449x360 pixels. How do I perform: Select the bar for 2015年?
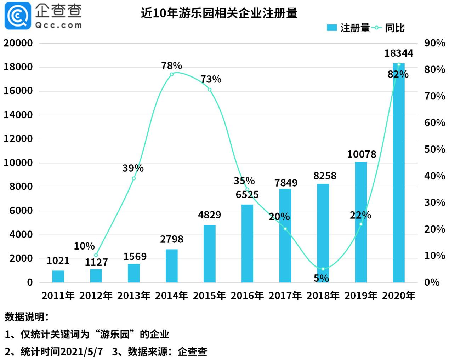(x=209, y=253)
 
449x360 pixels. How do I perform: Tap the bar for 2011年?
(x=58, y=276)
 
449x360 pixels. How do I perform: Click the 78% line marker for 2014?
(x=172, y=74)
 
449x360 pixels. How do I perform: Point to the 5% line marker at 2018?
(x=323, y=269)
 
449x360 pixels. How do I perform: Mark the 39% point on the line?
(x=133, y=178)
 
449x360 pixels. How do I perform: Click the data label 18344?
(x=399, y=53)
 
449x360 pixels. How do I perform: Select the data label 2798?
(x=172, y=239)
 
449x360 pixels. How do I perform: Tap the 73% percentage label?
(x=211, y=79)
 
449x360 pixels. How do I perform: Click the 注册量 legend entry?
(x=348, y=28)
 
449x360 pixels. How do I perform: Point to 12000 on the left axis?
(x=18, y=139)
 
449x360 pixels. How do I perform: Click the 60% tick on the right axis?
(x=434, y=123)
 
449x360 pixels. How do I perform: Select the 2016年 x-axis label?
(x=247, y=296)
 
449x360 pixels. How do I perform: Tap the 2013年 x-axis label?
(x=133, y=296)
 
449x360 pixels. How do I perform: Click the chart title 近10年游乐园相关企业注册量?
(x=219, y=13)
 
